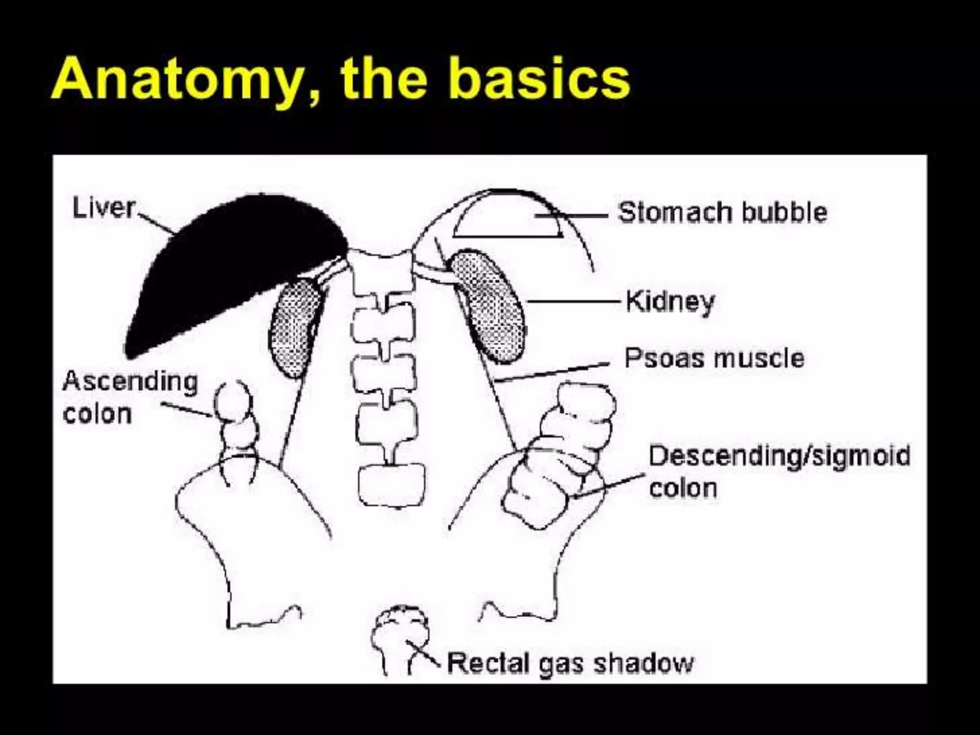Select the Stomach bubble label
point(723,212)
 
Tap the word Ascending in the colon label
point(130,382)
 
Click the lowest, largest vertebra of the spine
point(391,484)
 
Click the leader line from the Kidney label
point(574,301)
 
